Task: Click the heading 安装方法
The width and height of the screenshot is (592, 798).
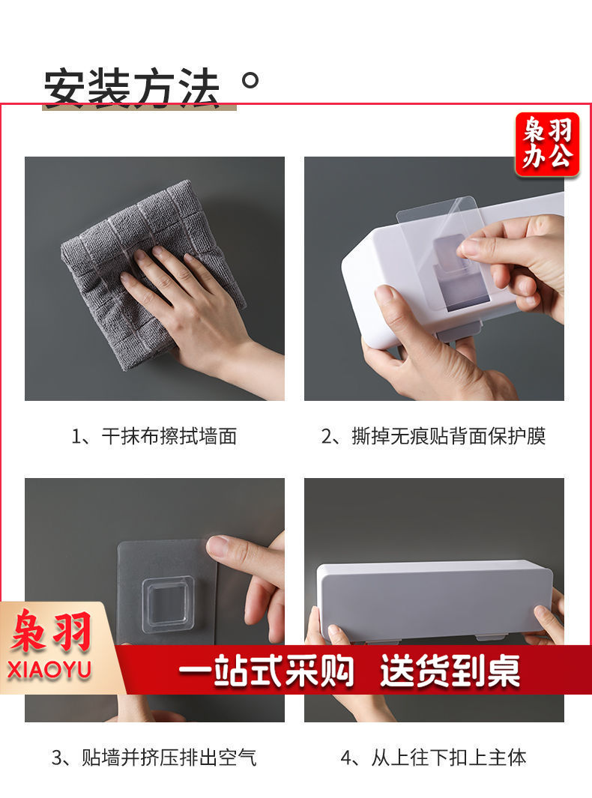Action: [131, 88]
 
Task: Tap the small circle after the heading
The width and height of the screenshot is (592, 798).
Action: [250, 80]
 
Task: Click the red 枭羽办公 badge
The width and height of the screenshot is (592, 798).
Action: [547, 144]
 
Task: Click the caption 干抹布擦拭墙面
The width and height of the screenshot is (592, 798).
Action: [154, 436]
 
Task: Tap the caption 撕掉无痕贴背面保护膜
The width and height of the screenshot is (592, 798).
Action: [434, 436]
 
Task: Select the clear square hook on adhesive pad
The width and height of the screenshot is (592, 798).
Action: [167, 604]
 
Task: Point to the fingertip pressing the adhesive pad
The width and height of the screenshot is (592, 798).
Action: [220, 546]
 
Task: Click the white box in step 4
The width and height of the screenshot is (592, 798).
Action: [434, 599]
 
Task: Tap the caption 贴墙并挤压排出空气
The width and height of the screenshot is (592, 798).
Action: [154, 758]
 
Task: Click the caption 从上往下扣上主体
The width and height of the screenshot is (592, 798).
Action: [434, 758]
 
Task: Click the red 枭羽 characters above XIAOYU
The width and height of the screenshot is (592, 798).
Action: [51, 632]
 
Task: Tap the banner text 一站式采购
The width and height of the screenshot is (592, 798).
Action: [266, 671]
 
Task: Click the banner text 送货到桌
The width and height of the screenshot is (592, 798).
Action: [450, 671]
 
